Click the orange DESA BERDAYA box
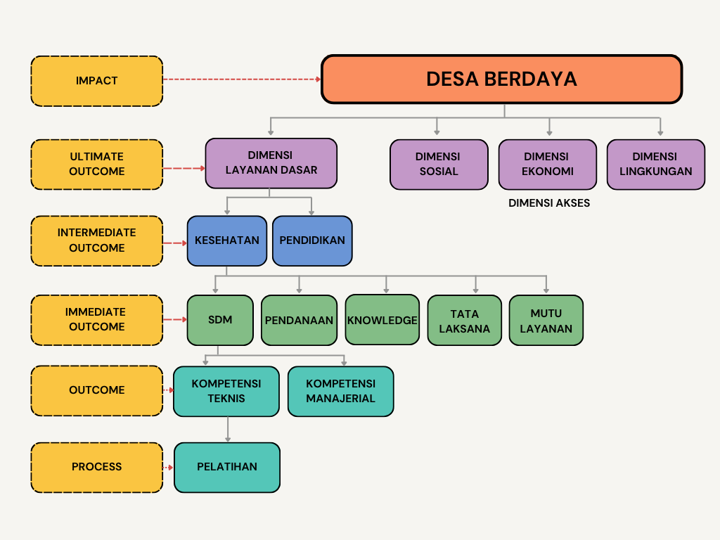pyautogui.click(x=501, y=79)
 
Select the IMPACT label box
pyautogui.click(x=97, y=81)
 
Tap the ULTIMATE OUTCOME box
pyautogui.click(x=97, y=164)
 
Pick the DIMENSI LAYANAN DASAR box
pyautogui.click(x=271, y=163)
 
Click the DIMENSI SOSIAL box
pyautogui.click(x=439, y=165)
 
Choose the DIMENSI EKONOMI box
pyautogui.click(x=548, y=165)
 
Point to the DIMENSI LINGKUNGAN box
pyautogui.click(x=655, y=165)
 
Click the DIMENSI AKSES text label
pyautogui.click(x=549, y=203)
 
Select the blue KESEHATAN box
pyautogui.click(x=227, y=240)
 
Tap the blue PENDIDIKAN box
pyautogui.click(x=312, y=240)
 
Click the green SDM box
pyautogui.click(x=220, y=320)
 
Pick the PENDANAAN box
pyautogui.click(x=299, y=320)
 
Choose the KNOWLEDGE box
pyautogui.click(x=382, y=320)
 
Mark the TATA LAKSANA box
pyautogui.click(x=465, y=321)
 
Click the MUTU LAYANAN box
pyautogui.click(x=546, y=321)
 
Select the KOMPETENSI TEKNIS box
pyautogui.click(x=226, y=391)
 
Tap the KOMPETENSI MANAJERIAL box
pyautogui.click(x=340, y=391)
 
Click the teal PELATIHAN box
pyautogui.click(x=227, y=467)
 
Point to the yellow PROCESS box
pyautogui.click(x=97, y=467)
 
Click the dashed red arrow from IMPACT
pyautogui.click(x=242, y=79)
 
